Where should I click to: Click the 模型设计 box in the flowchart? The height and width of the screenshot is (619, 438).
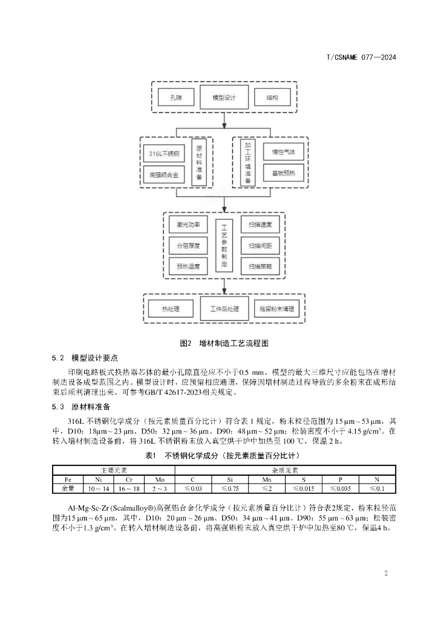224,97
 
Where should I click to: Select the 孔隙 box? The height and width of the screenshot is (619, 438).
176,97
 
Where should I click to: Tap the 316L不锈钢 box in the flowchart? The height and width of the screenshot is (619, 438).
164,154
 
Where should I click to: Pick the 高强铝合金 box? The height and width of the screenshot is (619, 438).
164,175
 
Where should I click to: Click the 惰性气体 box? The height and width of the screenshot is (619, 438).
283,152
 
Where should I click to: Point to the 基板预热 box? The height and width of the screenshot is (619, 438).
283,173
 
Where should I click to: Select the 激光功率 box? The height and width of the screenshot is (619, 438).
188,225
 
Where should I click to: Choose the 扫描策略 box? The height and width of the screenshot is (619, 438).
260,267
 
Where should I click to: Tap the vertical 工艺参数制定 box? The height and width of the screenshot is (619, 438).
224,245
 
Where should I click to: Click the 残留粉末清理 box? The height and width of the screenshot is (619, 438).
277,309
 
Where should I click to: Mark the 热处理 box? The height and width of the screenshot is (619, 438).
171,309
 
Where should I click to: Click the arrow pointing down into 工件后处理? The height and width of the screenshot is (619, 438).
224,287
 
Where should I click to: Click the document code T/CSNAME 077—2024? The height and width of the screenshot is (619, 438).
361,57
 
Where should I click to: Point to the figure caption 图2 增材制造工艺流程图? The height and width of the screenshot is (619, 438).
224,343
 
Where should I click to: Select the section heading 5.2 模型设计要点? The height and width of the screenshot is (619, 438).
85,358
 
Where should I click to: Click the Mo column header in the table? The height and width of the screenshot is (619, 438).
160,479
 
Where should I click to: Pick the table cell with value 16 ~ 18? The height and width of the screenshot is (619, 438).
129,488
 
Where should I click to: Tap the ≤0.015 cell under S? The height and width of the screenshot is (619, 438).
304,488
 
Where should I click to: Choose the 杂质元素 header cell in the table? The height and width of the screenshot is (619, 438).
285,470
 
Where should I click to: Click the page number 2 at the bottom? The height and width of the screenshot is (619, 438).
386,573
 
